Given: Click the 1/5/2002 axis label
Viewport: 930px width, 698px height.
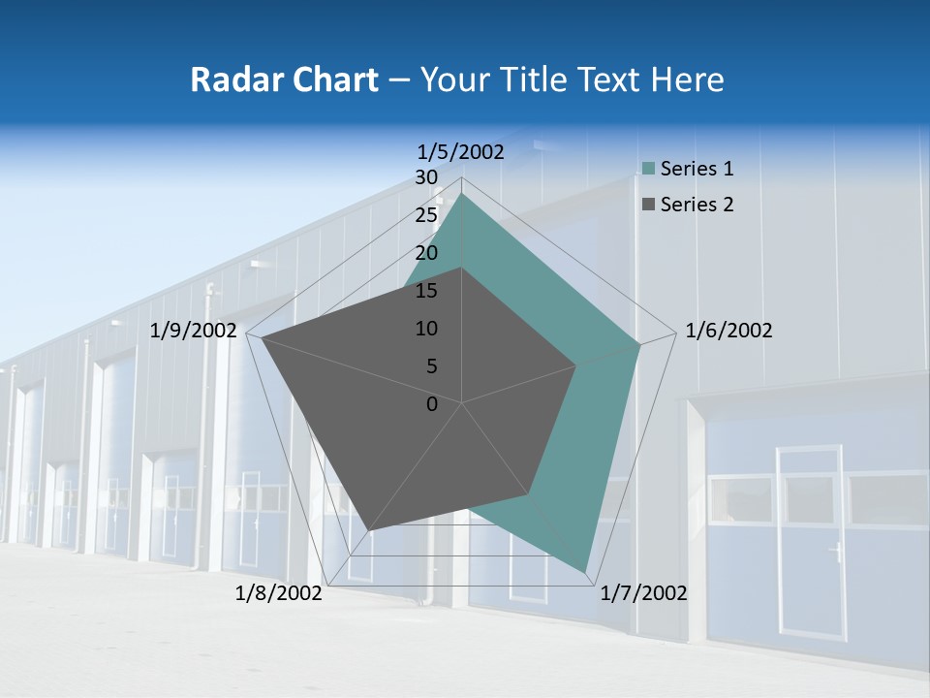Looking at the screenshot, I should pyautogui.click(x=461, y=151).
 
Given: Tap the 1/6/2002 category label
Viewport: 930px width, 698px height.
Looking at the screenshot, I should pyautogui.click(x=728, y=331).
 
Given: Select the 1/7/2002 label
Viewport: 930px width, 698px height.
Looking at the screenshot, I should pyautogui.click(x=643, y=593).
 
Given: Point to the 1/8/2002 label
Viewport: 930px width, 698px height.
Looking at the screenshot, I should pyautogui.click(x=279, y=593).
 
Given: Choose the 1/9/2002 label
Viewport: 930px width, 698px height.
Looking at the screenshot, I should pyautogui.click(x=194, y=331).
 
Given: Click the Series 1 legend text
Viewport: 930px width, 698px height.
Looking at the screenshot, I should pyautogui.click(x=697, y=169).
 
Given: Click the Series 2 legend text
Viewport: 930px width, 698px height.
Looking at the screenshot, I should pyautogui.click(x=697, y=205).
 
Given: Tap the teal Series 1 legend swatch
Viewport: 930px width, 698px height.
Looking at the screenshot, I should pyautogui.click(x=649, y=170).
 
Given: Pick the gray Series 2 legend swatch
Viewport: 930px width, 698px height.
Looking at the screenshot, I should pyautogui.click(x=649, y=205).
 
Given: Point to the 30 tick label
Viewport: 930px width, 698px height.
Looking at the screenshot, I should pyautogui.click(x=426, y=177).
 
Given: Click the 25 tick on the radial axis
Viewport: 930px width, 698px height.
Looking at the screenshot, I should pyautogui.click(x=426, y=215).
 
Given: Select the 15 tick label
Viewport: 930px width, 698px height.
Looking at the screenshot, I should pyautogui.click(x=426, y=291).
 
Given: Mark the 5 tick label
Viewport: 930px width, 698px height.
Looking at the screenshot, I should pyautogui.click(x=431, y=366).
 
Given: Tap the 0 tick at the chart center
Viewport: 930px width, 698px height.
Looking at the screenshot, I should pyautogui.click(x=432, y=404).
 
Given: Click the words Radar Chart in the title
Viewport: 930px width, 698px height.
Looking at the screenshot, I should pyautogui.click(x=284, y=79).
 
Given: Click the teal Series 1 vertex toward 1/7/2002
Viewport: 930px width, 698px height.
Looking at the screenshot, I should pyautogui.click(x=585, y=570).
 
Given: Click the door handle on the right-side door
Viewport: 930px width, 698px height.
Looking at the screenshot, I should pyautogui.click(x=835, y=554).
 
